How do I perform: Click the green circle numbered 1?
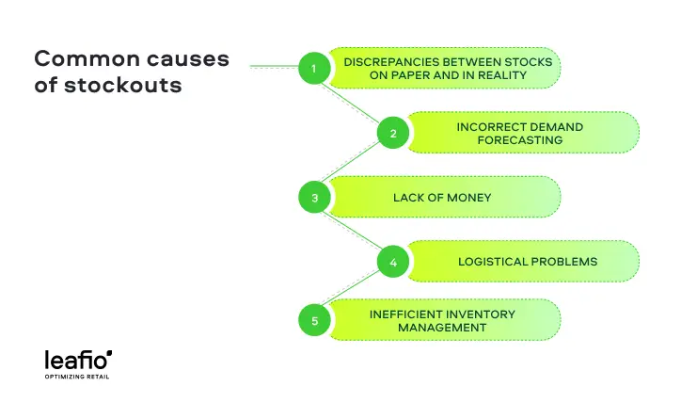point(314,68)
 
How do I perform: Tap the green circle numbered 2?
point(392,133)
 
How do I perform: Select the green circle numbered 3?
point(314,198)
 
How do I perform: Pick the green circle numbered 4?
point(392,262)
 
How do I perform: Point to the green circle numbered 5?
point(314,321)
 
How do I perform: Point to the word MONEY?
point(469,198)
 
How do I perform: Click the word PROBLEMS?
point(564,262)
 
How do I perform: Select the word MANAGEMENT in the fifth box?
point(441,328)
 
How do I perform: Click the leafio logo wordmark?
point(78,359)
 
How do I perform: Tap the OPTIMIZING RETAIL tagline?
point(79,377)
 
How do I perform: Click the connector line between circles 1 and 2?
point(353,100)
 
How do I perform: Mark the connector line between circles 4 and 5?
point(354,291)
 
